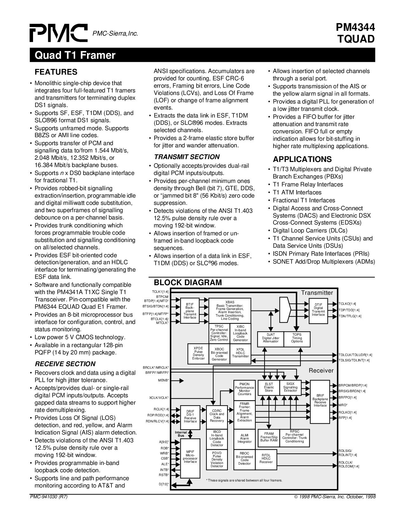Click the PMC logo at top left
click(59, 33)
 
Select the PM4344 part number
click(355, 28)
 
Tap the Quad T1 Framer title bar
click(202, 55)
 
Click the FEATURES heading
click(56, 72)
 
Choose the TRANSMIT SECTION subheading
click(187, 157)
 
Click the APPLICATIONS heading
click(302, 159)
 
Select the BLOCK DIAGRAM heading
click(188, 282)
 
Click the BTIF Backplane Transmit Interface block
click(190, 311)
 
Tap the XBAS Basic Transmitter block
click(230, 311)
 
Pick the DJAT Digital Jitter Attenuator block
click(271, 339)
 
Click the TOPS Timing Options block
click(297, 339)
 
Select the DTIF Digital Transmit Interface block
click(318, 311)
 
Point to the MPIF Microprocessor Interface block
click(190, 458)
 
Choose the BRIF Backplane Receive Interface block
click(320, 402)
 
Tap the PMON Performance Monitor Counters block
click(244, 390)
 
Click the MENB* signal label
click(163, 380)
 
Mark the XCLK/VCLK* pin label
click(159, 398)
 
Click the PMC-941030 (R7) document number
click(49, 497)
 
